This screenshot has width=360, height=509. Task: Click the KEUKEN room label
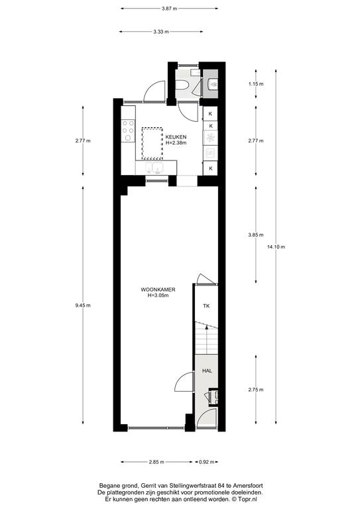point(176,137)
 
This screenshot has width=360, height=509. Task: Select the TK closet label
point(206,306)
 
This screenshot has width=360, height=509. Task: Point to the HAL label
point(207,370)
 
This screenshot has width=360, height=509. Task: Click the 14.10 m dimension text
point(276,247)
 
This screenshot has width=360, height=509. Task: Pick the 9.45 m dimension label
point(83,305)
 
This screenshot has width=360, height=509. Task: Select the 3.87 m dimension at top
point(170,9)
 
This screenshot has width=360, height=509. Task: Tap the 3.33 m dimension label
point(161,32)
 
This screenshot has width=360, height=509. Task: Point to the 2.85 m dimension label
point(156,462)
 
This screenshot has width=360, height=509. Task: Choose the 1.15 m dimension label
point(256,84)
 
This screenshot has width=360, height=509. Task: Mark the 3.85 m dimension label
point(256,235)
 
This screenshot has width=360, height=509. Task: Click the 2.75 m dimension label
point(256,390)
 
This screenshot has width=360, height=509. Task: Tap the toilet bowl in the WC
point(183,85)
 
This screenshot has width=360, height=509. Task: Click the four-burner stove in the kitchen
point(128,131)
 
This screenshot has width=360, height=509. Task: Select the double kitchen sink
point(154,168)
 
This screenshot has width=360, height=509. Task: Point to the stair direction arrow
point(207,340)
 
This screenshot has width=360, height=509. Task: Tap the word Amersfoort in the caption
point(249,486)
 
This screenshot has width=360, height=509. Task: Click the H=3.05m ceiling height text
point(158,296)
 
